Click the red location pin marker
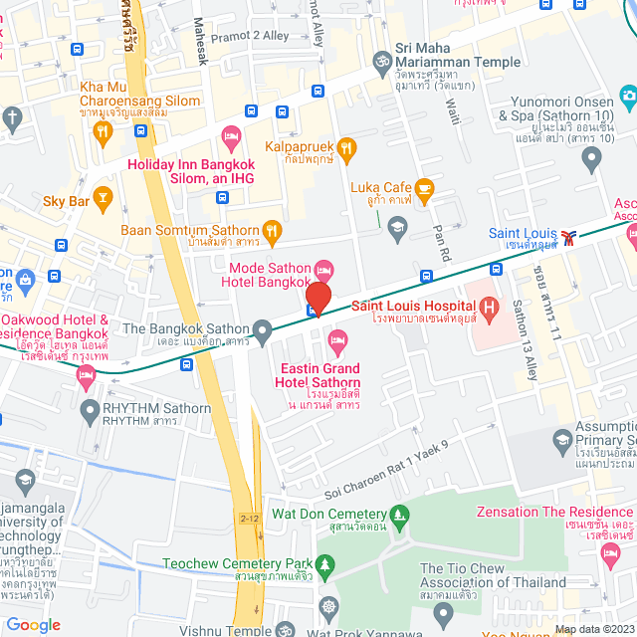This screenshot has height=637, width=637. [318, 298]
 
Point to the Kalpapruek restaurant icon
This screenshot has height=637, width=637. [347, 148]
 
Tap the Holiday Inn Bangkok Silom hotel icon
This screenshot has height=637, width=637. [231, 133]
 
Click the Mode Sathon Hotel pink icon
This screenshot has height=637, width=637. [322, 270]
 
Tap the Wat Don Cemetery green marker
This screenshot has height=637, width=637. [400, 515]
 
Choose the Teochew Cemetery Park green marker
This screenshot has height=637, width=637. [323, 563]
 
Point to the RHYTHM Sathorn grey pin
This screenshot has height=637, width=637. [91, 409]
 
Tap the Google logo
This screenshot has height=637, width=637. [33, 624]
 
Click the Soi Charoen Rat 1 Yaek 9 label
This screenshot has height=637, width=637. [388, 471]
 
